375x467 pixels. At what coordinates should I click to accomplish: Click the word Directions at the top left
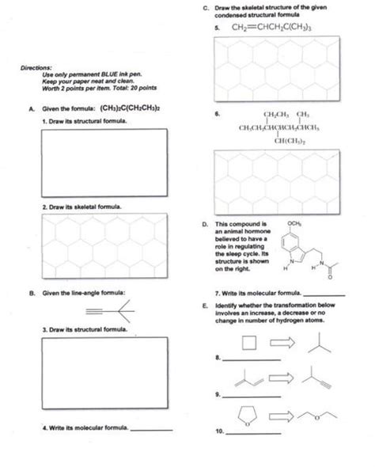coord(34,68)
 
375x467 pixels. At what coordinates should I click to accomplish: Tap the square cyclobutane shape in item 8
coord(248,343)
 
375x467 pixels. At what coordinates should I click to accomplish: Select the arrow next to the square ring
coord(283,342)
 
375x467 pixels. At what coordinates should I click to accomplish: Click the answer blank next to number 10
coord(253,432)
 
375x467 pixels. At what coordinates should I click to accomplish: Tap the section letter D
coord(205,223)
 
